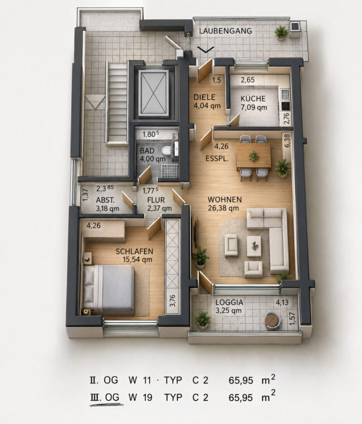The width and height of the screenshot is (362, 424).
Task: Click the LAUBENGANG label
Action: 225,31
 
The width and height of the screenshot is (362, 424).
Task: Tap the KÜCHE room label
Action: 253,99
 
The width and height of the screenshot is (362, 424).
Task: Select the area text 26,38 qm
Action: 223,208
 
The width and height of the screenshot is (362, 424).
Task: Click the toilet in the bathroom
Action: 166,150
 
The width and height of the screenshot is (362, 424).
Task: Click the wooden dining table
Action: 253,156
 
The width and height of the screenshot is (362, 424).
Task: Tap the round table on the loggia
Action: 273,320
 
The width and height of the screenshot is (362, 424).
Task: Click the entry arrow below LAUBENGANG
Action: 205,49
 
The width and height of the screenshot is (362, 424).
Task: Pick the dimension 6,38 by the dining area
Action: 287,141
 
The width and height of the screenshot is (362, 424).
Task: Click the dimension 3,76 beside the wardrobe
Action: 172,301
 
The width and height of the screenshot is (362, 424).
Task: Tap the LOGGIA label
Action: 229,302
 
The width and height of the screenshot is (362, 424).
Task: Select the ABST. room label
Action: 105,200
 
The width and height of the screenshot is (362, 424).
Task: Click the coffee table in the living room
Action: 254,246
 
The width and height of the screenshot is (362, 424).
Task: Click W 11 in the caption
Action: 140,380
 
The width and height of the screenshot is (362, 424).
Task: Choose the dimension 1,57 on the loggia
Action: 292,318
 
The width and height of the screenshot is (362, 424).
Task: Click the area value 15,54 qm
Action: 138,260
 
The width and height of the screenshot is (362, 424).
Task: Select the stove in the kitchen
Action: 285,106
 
